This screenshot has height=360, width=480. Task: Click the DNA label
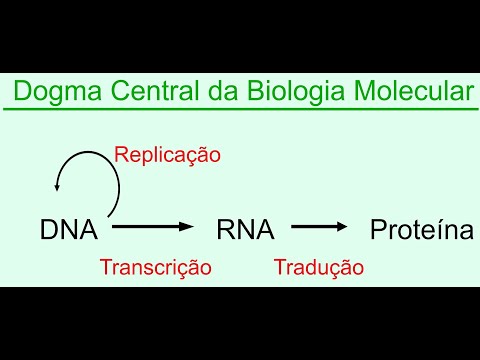69,230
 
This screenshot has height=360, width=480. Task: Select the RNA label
245,230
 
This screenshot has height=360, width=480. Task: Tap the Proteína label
421,230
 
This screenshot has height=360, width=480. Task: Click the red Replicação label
167,154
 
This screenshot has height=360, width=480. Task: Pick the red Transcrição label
155,267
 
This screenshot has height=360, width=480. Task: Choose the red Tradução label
318,267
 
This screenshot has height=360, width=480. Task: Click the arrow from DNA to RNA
151,229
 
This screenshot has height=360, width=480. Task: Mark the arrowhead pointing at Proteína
343,229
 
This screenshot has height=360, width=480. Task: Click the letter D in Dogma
22,94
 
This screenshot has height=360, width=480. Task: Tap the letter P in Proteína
377,230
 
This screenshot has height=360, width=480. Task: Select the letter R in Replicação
121,154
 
